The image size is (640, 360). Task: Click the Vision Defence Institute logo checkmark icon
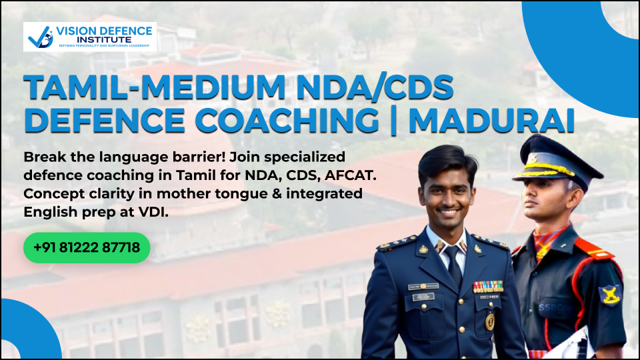coord(41,37)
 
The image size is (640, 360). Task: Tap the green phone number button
coord(87,247)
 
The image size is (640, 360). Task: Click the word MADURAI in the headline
coord(491,121)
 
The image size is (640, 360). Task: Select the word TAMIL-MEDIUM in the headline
coord(155,87)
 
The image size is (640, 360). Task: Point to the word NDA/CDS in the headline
coord(375,87)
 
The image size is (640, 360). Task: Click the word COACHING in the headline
coord(287,121)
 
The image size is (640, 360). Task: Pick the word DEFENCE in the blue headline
coord(105,121)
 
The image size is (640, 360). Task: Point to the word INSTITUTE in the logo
coord(104,40)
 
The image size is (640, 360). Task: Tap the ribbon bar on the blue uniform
coord(488,287)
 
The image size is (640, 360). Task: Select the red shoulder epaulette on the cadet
coord(595,249)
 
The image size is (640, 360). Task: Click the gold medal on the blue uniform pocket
coord(490,321)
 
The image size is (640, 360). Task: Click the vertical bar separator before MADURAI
coord(393,121)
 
